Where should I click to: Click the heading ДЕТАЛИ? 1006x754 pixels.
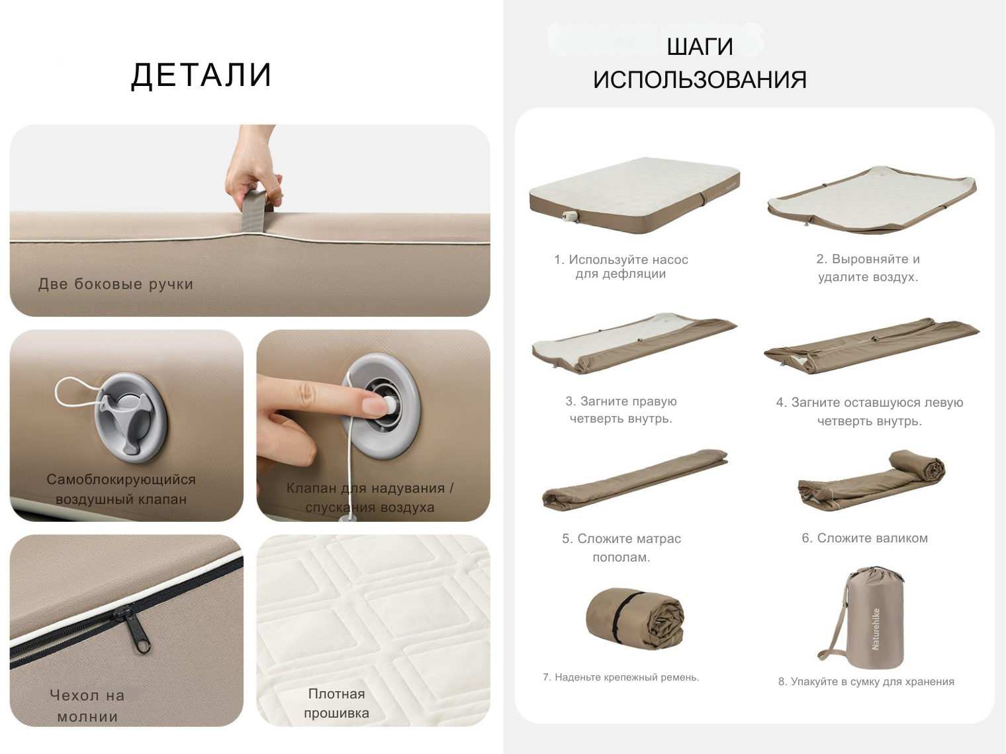(x=202, y=75)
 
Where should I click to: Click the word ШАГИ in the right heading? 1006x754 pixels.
(x=700, y=47)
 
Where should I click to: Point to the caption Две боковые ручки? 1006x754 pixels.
(x=116, y=284)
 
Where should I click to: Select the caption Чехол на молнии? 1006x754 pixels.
(x=87, y=706)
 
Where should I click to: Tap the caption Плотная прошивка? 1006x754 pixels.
(x=336, y=703)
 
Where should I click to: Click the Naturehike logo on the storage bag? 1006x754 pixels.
(x=876, y=628)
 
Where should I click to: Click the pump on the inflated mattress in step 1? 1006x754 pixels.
(x=571, y=215)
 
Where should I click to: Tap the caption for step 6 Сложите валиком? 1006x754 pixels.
(x=864, y=538)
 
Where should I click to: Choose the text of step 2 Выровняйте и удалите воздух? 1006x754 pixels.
(x=868, y=268)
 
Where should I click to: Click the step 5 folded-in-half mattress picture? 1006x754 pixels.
(x=634, y=480)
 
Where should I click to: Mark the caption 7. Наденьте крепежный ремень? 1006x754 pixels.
(x=621, y=677)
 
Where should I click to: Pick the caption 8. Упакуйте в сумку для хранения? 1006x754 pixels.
(x=866, y=682)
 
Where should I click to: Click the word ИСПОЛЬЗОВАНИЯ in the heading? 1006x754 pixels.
(x=700, y=79)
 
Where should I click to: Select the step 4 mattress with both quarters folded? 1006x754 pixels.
(x=871, y=345)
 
